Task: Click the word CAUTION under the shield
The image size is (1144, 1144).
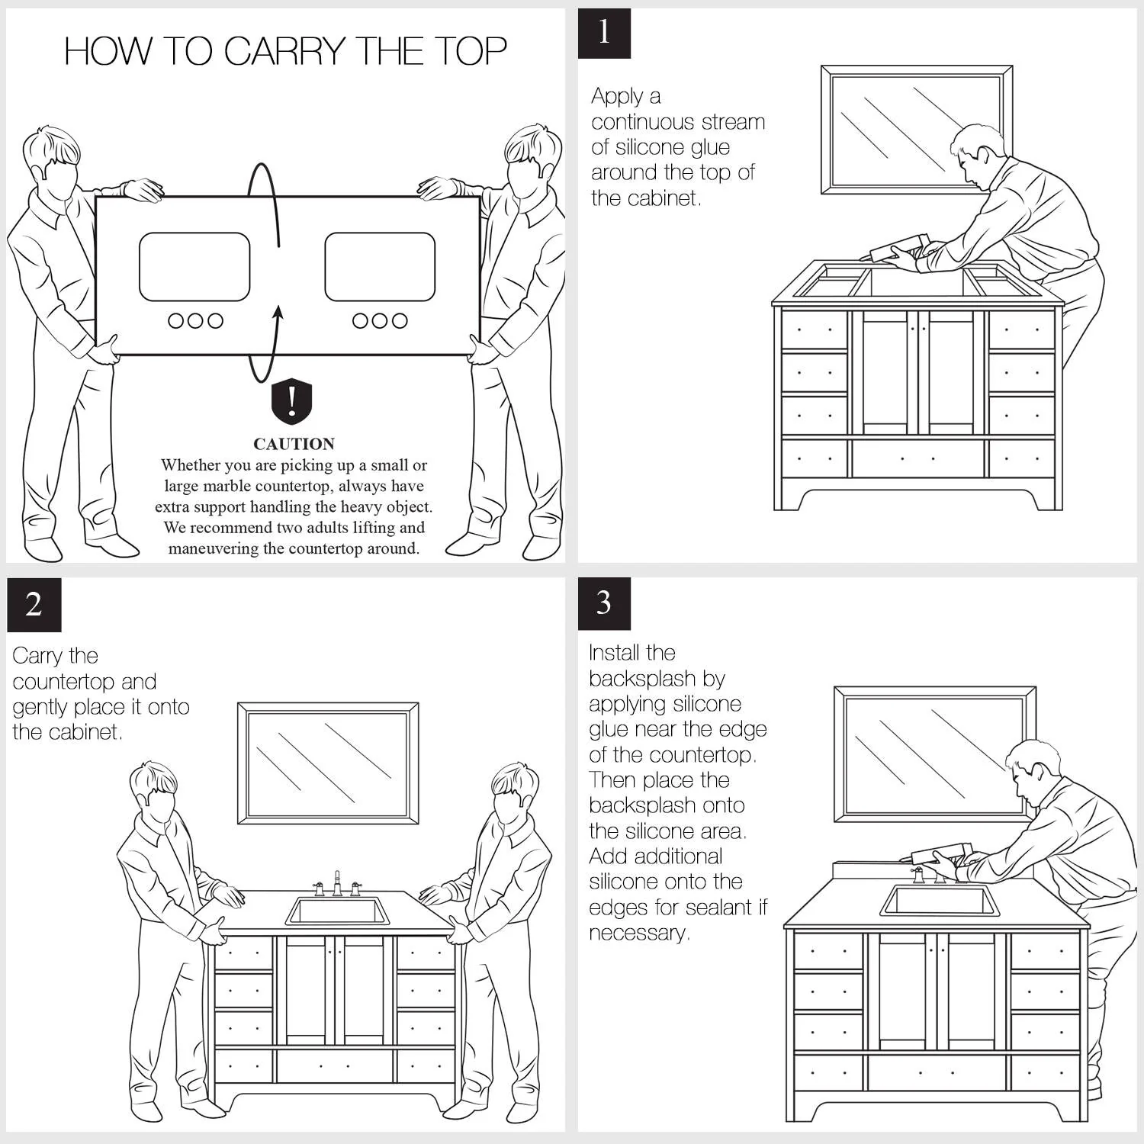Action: coord(294,444)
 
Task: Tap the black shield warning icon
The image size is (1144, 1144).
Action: coord(292,401)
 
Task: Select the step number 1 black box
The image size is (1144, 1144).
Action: coord(604,33)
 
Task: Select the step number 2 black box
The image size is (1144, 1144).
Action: coord(34,605)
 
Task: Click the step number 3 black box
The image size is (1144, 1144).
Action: coord(604,603)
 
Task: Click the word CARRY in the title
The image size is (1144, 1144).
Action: coord(284,52)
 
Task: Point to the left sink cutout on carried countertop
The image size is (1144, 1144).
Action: coord(194,267)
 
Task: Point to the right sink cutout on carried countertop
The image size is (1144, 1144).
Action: coord(380,267)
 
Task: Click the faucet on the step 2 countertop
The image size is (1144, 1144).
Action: coord(337,885)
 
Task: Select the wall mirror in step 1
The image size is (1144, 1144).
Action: coord(916,130)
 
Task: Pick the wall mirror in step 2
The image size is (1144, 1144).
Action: coord(328,763)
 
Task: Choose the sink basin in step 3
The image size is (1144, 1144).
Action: coord(940,901)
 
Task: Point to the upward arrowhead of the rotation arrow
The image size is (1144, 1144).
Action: coord(278,312)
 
